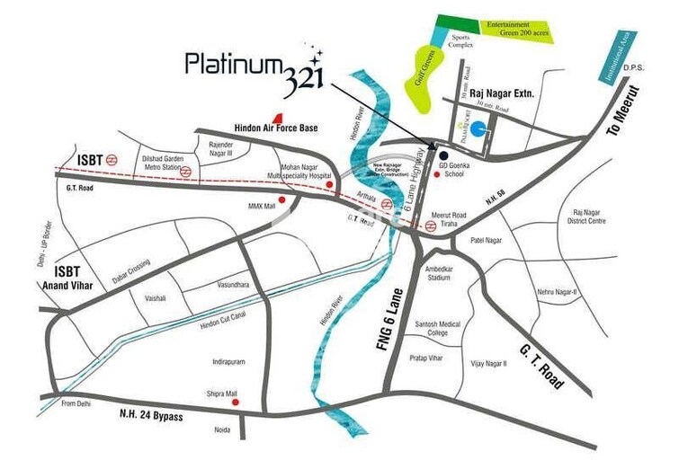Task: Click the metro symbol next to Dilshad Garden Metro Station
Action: click(x=186, y=170)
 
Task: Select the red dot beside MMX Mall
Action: click(x=282, y=199)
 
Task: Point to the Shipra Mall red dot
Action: click(x=236, y=403)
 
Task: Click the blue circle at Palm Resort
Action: click(x=483, y=130)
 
